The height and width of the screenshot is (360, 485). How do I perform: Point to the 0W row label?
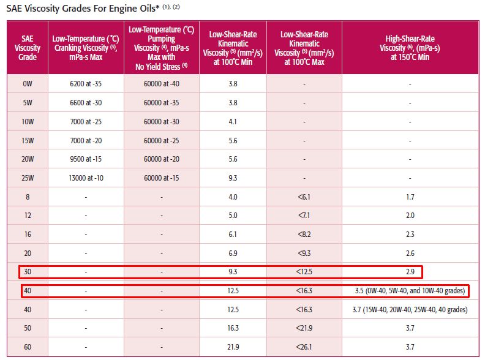(x=28, y=83)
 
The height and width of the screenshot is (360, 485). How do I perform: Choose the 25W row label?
(x=28, y=178)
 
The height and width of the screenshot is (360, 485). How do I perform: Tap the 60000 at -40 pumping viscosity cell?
(x=161, y=83)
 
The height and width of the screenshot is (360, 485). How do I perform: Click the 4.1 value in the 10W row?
(x=233, y=121)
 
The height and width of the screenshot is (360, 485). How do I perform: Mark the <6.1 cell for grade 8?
(x=304, y=197)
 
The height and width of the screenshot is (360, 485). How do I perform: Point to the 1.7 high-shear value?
(x=410, y=197)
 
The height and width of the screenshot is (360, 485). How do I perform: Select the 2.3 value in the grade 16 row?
(x=410, y=234)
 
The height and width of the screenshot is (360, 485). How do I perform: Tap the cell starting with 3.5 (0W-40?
(x=410, y=290)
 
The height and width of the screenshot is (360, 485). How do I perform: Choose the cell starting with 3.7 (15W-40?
(x=410, y=310)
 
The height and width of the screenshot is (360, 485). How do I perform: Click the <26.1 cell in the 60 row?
(x=304, y=347)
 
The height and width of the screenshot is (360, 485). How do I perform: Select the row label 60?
(x=28, y=347)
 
